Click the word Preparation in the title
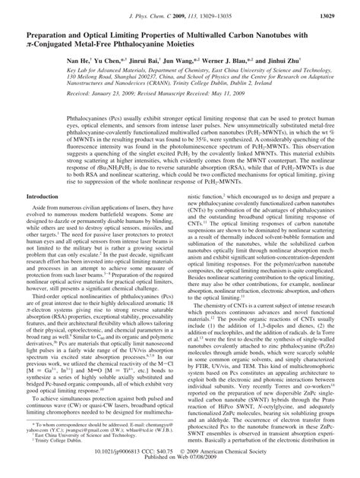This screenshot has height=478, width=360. pyautogui.click(x=54, y=35)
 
